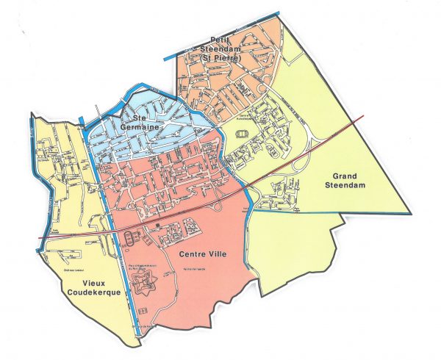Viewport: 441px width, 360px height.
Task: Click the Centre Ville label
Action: pyautogui.click(x=199, y=255)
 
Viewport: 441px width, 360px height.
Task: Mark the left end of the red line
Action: pyautogui.click(x=39, y=239)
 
